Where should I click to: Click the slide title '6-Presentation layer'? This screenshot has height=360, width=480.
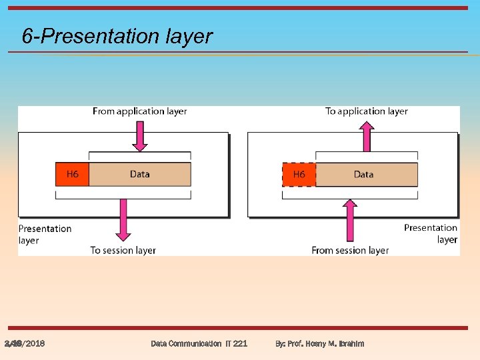coord(117,36)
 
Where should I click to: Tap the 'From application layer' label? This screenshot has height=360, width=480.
coord(139,111)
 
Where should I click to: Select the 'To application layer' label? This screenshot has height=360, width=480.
coord(366,111)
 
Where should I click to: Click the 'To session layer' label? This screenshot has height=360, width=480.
coord(123,251)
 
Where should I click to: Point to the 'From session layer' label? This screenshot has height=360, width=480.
coord(350,251)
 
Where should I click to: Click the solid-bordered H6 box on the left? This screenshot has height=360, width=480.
coord(72,174)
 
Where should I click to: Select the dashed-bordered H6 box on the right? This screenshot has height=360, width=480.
coord(299,174)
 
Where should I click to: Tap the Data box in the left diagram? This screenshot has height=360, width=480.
coord(139,174)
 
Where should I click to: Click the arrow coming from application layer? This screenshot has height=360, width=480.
coord(139,137)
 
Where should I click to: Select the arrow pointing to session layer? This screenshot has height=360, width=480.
coord(123,221)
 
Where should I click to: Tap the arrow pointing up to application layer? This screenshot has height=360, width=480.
coord(366,137)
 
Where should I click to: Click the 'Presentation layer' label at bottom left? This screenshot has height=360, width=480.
coord(44,234)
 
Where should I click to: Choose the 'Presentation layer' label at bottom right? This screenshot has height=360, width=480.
coord(431,233)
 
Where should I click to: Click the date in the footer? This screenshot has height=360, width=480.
coord(25,344)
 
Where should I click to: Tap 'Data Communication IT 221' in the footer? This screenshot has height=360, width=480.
coord(199,344)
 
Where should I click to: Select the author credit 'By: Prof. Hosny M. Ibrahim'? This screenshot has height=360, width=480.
coord(320,344)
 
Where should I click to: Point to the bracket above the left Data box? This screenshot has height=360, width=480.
coord(139,155)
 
